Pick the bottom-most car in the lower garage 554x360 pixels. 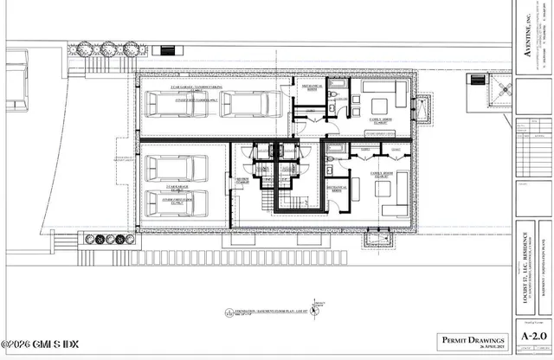(x=175, y=206)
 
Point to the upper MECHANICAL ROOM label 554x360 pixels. (x=312, y=87)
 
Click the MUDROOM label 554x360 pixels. (x=242, y=180)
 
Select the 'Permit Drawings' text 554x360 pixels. (x=468, y=339)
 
